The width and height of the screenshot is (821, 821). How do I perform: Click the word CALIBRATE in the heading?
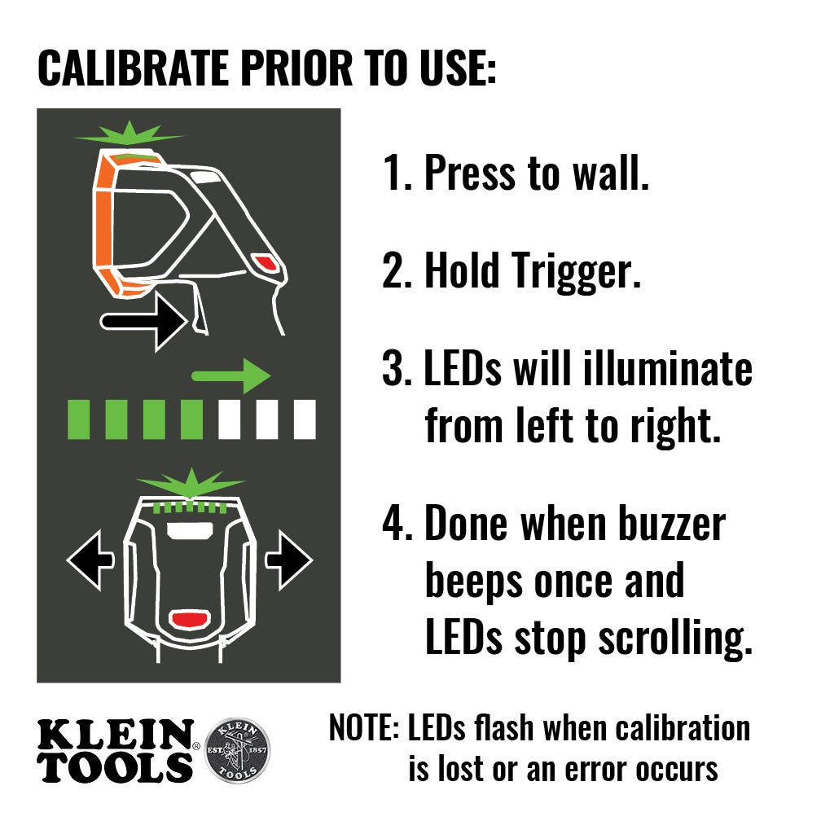[x=134, y=68]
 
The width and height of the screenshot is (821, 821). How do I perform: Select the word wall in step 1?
[x=611, y=173]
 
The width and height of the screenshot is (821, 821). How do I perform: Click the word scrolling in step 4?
[x=675, y=638]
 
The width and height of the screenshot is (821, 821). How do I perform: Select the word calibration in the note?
[x=683, y=728]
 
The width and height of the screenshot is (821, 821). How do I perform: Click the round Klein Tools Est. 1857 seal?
[x=237, y=750]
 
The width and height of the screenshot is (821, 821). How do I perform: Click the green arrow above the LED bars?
[x=231, y=376]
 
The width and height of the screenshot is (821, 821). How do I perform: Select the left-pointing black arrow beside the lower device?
[x=90, y=560]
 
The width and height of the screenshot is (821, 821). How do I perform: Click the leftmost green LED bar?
[x=78, y=419]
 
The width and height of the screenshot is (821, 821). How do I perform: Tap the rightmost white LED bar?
[x=305, y=419]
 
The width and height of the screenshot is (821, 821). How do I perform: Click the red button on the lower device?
[x=189, y=619]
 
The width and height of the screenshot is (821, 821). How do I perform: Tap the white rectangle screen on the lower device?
[x=190, y=531]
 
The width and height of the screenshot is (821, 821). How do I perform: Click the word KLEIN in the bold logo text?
[x=115, y=734]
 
